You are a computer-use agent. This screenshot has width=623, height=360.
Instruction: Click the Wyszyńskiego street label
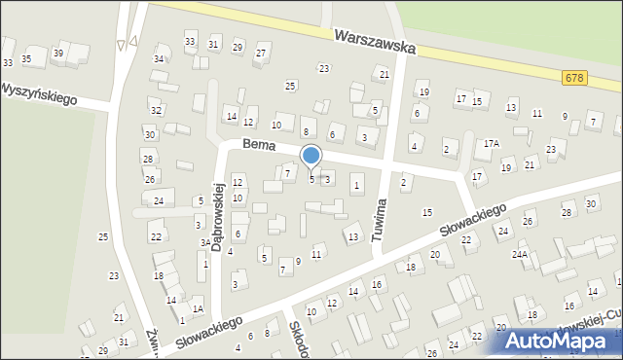click(38, 92)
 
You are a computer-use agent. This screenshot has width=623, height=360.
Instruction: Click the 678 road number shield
click(575, 77)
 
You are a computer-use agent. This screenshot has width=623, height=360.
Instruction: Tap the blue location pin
click(311, 156)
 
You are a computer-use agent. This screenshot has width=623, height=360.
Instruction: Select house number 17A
click(492, 143)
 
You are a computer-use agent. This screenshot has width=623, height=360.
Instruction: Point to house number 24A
click(521, 255)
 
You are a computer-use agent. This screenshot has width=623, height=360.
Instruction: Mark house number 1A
click(198, 308)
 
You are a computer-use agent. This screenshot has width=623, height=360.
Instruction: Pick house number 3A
click(204, 243)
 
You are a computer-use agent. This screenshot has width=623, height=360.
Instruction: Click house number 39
click(58, 53)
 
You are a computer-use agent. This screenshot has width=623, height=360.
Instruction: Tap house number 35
click(26, 59)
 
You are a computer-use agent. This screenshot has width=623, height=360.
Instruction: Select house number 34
click(159, 59)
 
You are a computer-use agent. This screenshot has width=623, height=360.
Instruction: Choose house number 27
click(261, 51)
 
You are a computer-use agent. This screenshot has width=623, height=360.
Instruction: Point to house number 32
click(156, 111)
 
